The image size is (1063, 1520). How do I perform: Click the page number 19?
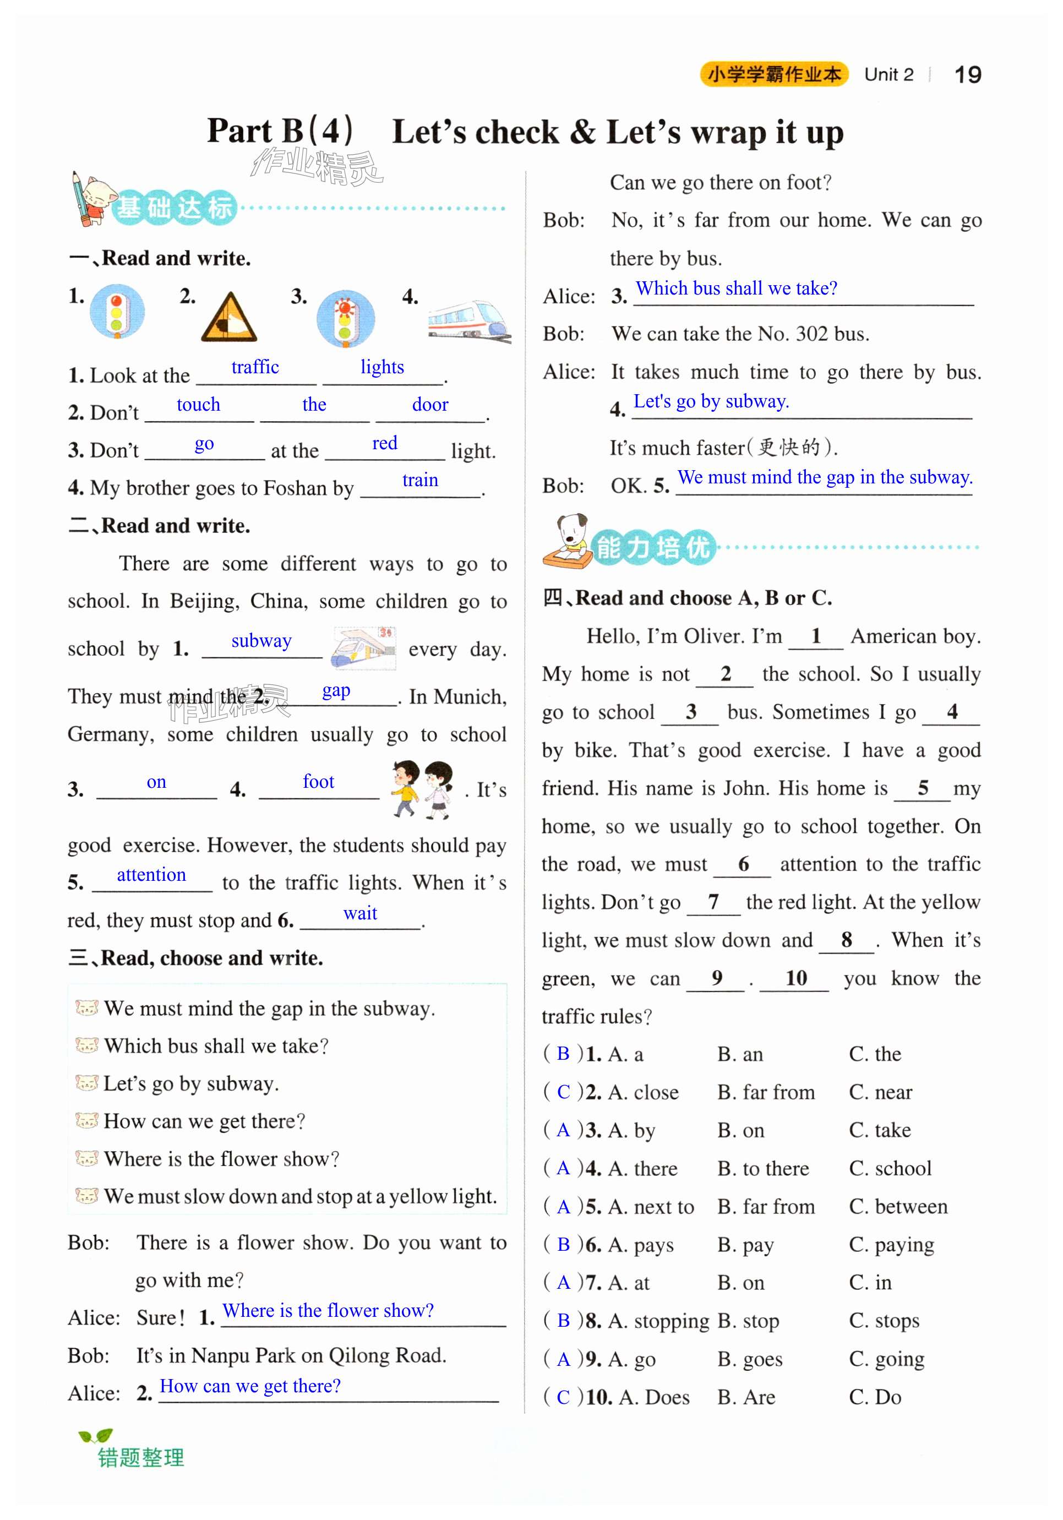tap(967, 75)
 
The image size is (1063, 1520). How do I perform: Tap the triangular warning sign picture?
tap(228, 318)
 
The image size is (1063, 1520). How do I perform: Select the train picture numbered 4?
tap(468, 320)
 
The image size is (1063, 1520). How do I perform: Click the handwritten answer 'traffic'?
tap(255, 367)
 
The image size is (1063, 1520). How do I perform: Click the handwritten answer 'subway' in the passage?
tap(261, 641)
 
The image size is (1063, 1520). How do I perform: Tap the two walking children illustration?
tap(422, 788)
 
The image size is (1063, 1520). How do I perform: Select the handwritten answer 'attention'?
tap(151, 875)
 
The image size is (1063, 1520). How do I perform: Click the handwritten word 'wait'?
tap(360, 913)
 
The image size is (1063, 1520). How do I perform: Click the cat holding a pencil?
tap(92, 199)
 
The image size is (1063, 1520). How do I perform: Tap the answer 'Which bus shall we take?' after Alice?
tap(736, 288)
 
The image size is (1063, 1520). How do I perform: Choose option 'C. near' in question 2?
tap(880, 1092)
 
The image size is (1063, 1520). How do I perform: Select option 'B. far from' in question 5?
tap(765, 1206)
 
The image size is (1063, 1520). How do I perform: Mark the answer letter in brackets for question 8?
tap(563, 1321)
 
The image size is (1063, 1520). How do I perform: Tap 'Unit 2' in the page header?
tap(888, 75)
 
